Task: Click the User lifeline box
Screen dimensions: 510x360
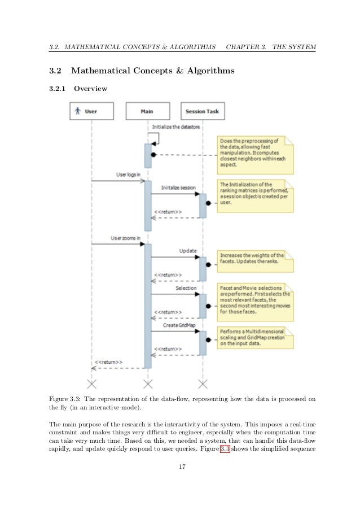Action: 91,111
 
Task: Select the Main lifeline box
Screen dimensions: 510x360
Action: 147,111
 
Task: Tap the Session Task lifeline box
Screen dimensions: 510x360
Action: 201,111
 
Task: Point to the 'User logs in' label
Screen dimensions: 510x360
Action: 129,175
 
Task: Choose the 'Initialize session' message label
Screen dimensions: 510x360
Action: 178,187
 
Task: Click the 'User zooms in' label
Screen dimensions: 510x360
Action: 125,238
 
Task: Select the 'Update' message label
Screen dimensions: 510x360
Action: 188,250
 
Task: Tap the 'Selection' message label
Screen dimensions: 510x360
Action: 186,288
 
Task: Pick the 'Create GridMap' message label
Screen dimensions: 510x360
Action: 179,325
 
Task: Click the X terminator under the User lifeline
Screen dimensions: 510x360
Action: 91,385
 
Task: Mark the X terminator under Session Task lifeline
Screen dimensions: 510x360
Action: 202,385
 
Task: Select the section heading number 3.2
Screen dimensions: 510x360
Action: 55,72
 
